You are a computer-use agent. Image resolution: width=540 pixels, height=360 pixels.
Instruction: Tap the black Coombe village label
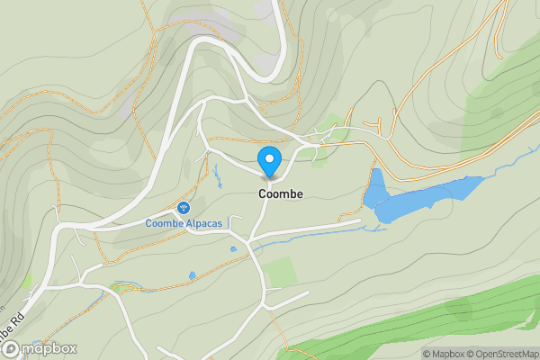tap(281, 193)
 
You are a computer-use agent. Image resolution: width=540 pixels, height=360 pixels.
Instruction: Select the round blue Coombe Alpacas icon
tap(184, 208)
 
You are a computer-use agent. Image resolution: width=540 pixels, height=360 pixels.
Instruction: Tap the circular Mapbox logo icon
tap(10, 349)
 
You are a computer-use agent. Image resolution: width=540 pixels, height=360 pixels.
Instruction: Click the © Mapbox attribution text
tap(445, 354)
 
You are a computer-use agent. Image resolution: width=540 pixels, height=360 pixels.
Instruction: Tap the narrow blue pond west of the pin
tap(217, 173)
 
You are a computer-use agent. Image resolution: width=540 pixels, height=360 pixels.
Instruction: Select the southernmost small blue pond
tap(192, 274)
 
